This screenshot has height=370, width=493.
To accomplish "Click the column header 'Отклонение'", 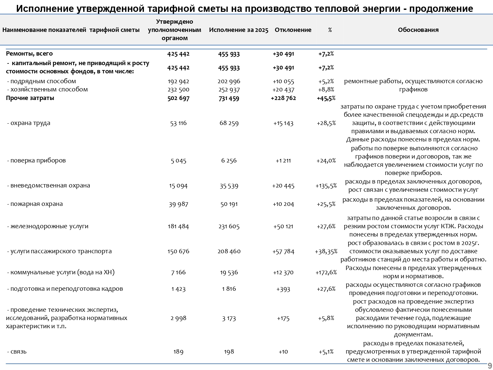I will pyautogui.click(x=293, y=30).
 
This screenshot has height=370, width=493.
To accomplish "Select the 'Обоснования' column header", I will pyautogui.click(x=418, y=30).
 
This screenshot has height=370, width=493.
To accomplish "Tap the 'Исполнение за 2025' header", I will pyautogui.click(x=239, y=30).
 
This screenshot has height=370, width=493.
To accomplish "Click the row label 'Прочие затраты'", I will pyautogui.click(x=30, y=98).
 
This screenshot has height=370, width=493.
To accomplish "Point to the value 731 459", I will pyautogui.click(x=229, y=98).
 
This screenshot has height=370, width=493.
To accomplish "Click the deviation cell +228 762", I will pyautogui.click(x=283, y=98).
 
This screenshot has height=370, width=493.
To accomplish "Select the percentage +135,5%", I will pyautogui.click(x=326, y=186).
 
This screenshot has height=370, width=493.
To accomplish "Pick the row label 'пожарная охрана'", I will pyautogui.click(x=36, y=204).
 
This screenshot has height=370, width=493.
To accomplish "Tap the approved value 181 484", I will pyautogui.click(x=178, y=226).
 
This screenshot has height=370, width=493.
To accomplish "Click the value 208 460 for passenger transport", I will pyautogui.click(x=229, y=252).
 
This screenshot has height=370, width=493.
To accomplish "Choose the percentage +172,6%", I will pyautogui.click(x=326, y=272).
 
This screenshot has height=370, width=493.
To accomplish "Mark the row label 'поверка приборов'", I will pyautogui.click(x=38, y=160).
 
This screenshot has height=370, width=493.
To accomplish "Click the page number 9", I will pyautogui.click(x=490, y=366).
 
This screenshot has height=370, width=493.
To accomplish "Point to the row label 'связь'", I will pyautogui.click(x=18, y=352).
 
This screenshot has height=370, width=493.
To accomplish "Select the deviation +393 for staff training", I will pyautogui.click(x=283, y=289).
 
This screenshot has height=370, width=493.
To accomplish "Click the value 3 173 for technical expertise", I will pyautogui.click(x=229, y=318).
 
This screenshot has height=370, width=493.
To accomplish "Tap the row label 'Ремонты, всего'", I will pyautogui.click(x=29, y=54).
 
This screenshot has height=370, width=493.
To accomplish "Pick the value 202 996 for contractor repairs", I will pyautogui.click(x=229, y=82).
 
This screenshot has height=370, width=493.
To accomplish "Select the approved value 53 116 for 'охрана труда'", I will pyautogui.click(x=178, y=123).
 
